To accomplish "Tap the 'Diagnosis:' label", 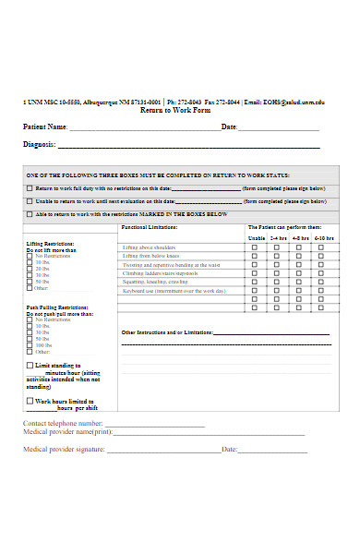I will point(40,144).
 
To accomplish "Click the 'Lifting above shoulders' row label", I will point(149,247).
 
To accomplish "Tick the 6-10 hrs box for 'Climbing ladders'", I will point(321,273).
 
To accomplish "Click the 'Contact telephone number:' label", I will point(63,423).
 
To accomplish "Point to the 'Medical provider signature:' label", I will point(65,450).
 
